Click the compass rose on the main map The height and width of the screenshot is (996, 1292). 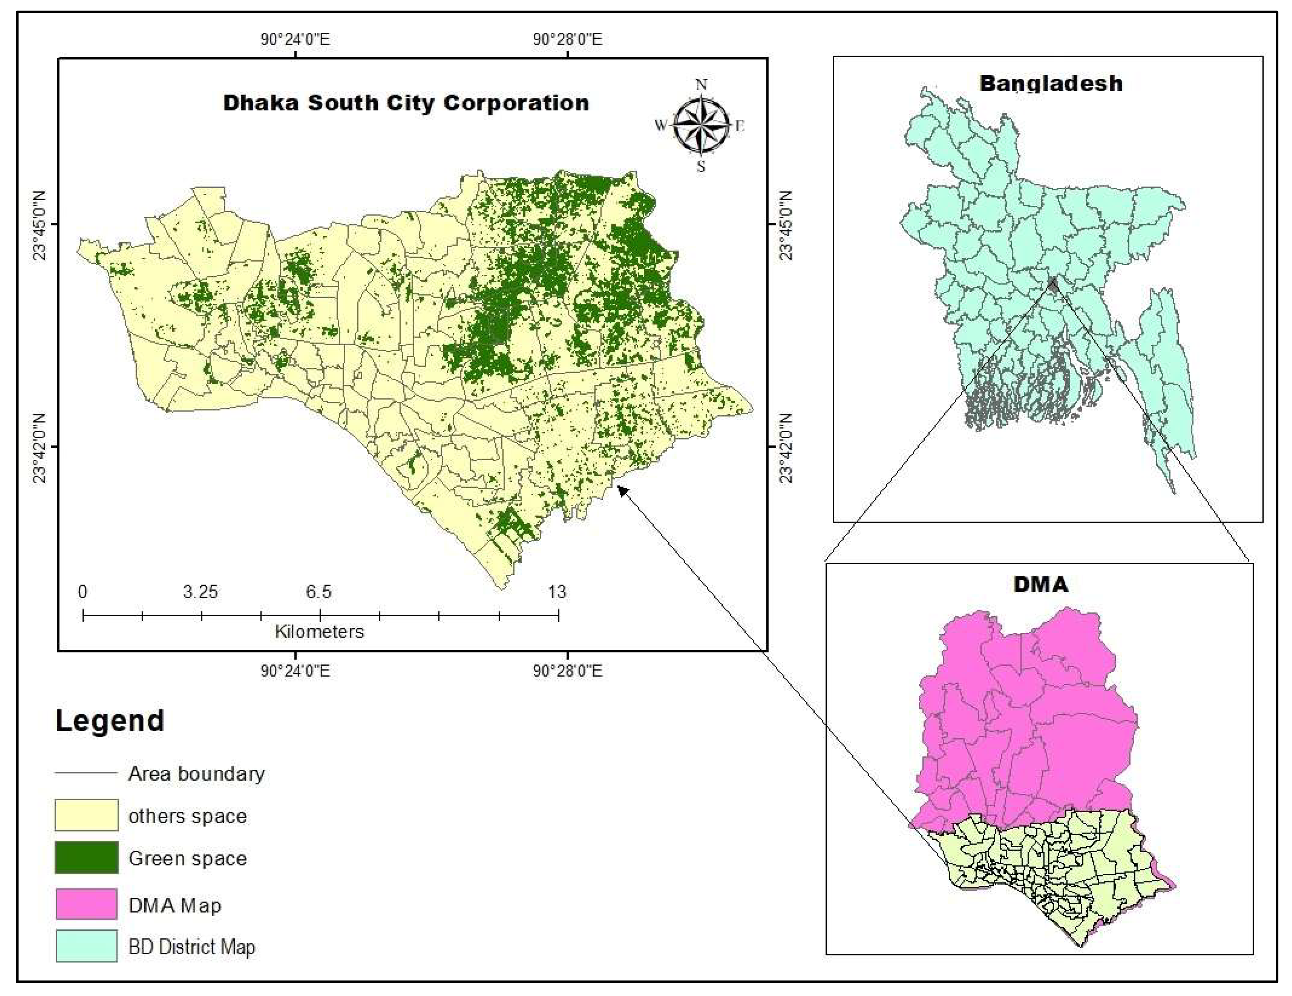[701, 125]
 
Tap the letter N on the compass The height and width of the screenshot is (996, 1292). [701, 85]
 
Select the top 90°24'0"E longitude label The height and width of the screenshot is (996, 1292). [295, 40]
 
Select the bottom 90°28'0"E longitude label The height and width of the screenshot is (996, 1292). [567, 671]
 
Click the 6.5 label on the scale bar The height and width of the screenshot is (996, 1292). [318, 591]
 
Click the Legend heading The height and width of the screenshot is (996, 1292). [110, 721]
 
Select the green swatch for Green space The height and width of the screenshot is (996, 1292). [86, 857]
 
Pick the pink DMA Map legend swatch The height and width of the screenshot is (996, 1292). [86, 904]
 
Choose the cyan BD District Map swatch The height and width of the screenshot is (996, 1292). [86, 946]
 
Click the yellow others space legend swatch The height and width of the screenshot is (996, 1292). [86, 815]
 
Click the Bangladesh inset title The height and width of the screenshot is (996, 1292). [1050, 83]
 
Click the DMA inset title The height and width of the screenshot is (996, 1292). [1041, 584]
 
